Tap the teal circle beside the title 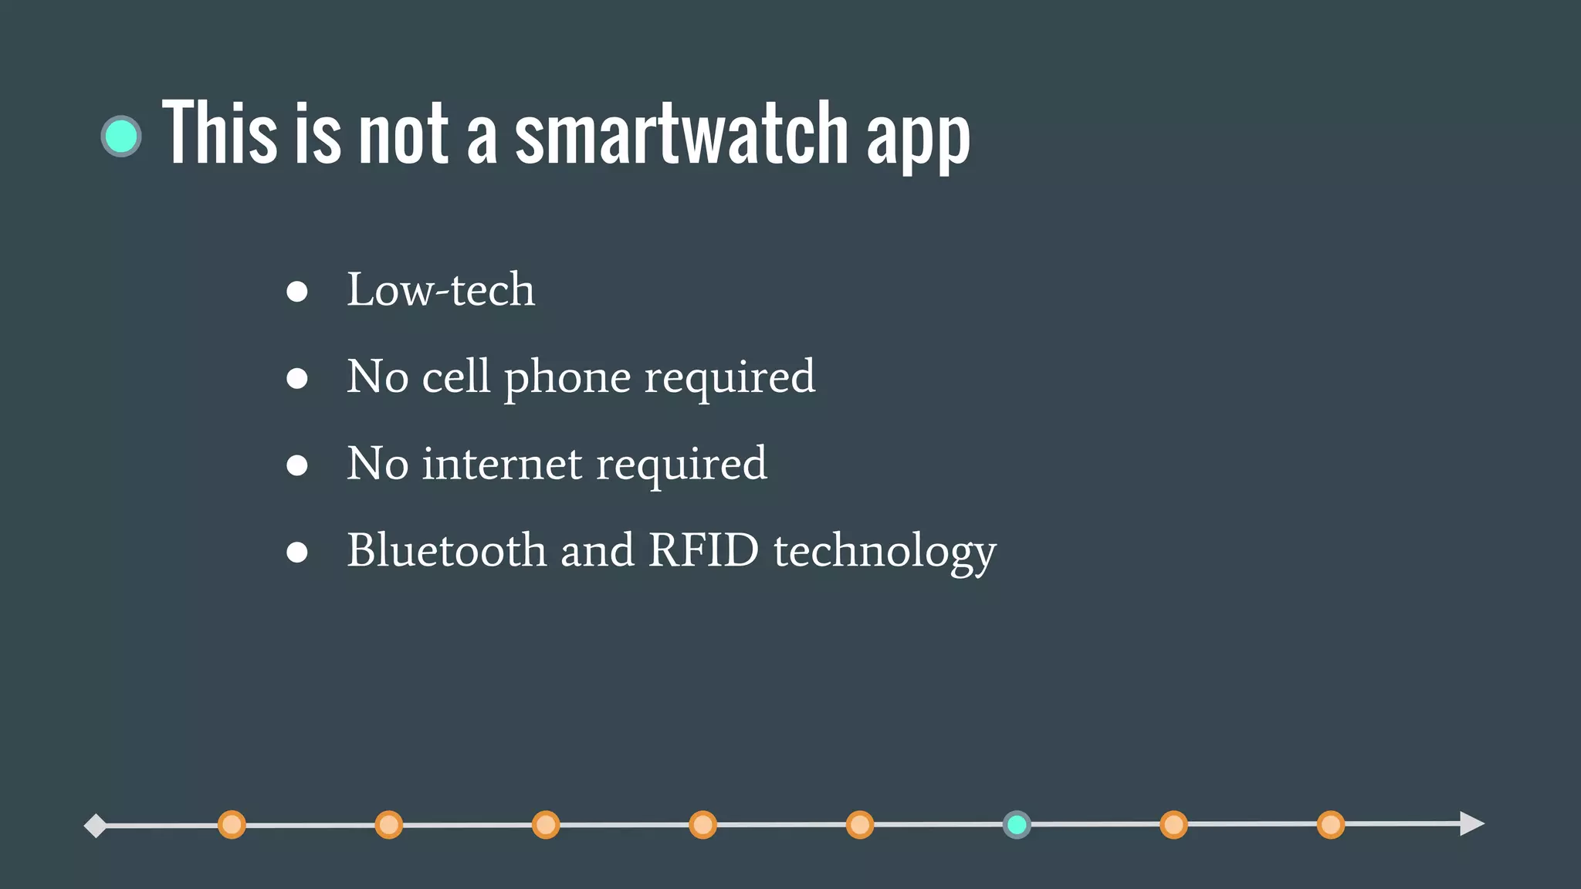pos(121,137)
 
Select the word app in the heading pos(918,137)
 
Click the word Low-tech pos(440,290)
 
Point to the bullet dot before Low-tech pos(297,292)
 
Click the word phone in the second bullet pos(567,378)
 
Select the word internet pos(502,464)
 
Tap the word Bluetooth pos(446,550)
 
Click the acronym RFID pos(703,550)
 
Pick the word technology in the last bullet pos(885,553)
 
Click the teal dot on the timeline pos(1017,825)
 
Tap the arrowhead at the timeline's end pos(1471,823)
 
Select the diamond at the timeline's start pos(95,826)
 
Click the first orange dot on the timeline pos(232,825)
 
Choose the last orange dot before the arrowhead pos(1331,825)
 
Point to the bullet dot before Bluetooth pos(297,552)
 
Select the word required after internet pos(682,465)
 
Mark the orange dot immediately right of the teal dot pos(1173,825)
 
